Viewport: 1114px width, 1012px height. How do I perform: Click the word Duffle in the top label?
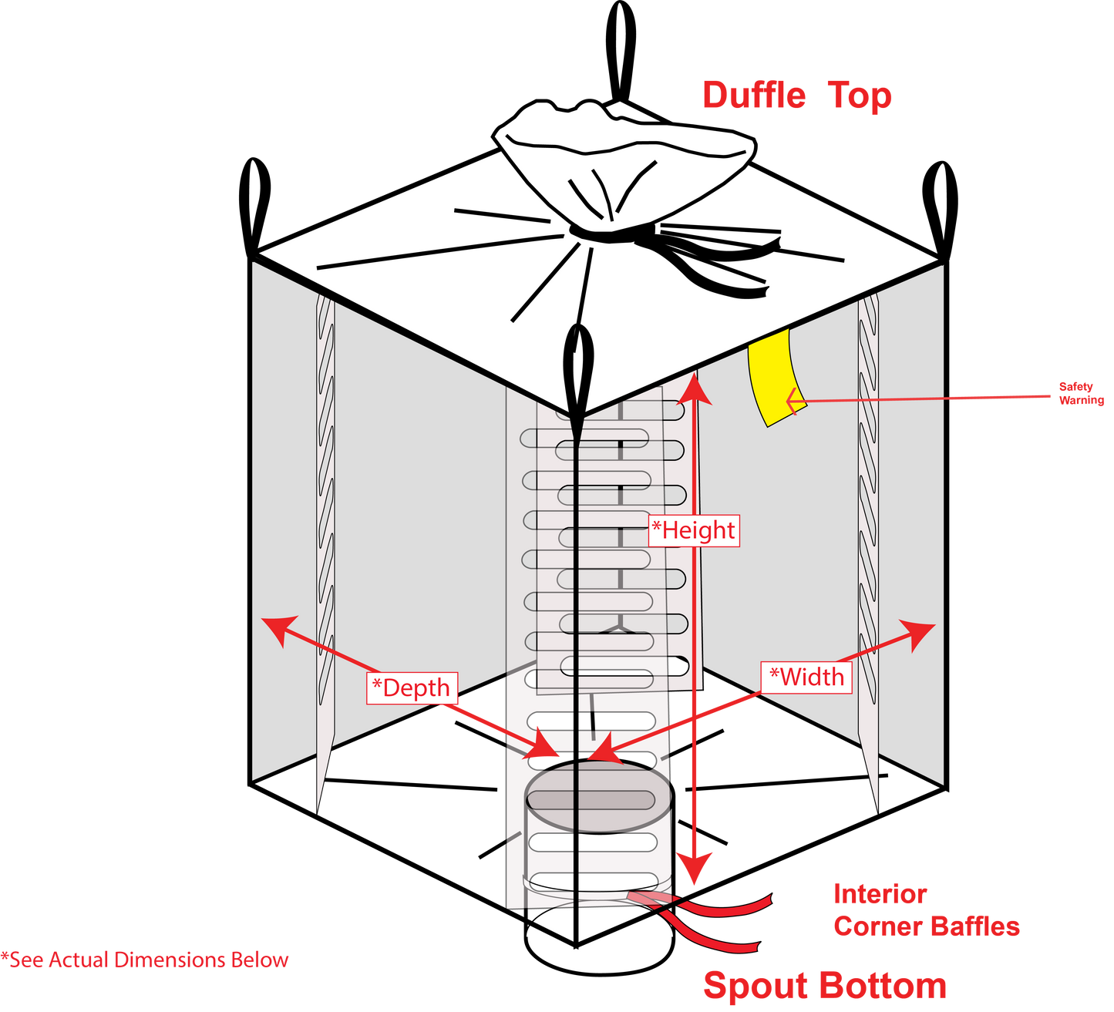pyautogui.click(x=754, y=95)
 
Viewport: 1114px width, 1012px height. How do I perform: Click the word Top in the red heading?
pyautogui.click(x=860, y=96)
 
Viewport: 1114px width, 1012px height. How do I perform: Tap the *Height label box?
pyautogui.click(x=694, y=530)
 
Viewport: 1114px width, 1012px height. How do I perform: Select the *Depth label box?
pyautogui.click(x=412, y=688)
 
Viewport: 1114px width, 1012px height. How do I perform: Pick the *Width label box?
pyautogui.click(x=806, y=677)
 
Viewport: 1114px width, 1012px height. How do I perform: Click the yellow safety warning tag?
pyautogui.click(x=776, y=378)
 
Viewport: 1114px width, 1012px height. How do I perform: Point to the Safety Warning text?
pyautogui.click(x=1081, y=393)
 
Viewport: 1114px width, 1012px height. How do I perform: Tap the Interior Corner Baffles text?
pyautogui.click(x=927, y=910)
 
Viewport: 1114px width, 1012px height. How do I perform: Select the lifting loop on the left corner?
pyautogui.click(x=254, y=208)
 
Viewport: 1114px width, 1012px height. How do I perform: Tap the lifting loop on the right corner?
pyautogui.click(x=941, y=211)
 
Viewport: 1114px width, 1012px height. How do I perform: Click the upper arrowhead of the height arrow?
pyautogui.click(x=694, y=388)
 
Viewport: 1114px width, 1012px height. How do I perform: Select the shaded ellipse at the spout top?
pyautogui.click(x=599, y=796)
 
